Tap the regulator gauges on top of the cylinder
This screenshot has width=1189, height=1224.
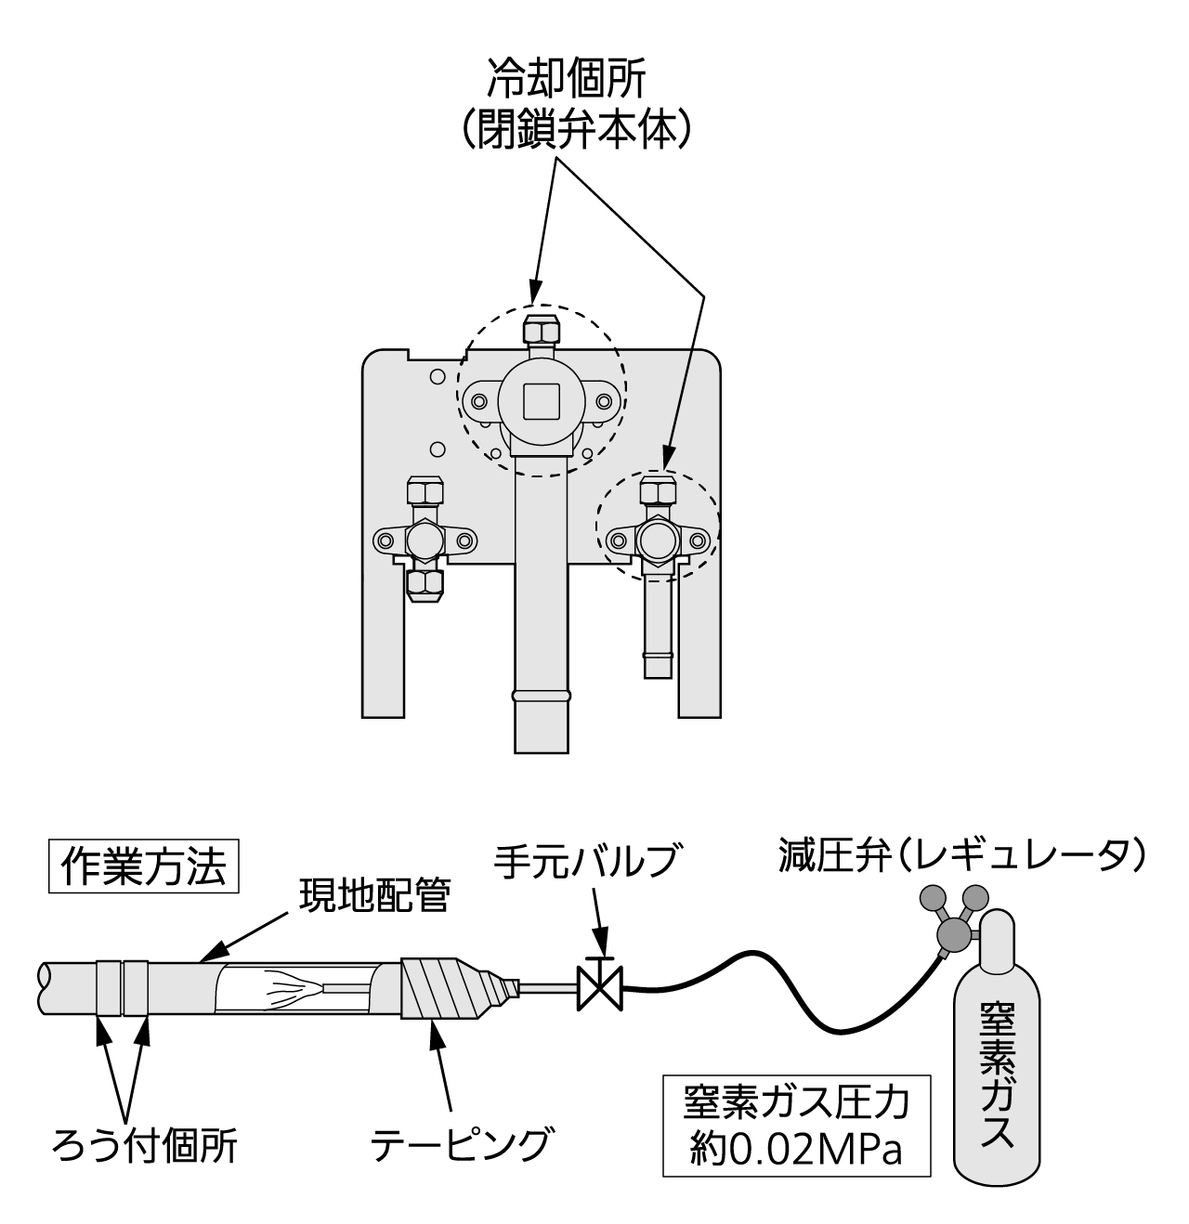(x=952, y=915)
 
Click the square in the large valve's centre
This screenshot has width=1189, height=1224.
(x=540, y=401)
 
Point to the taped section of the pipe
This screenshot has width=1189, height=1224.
(x=437, y=988)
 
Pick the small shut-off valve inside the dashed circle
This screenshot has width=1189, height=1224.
(x=658, y=537)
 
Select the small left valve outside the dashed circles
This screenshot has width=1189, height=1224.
(x=425, y=539)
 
